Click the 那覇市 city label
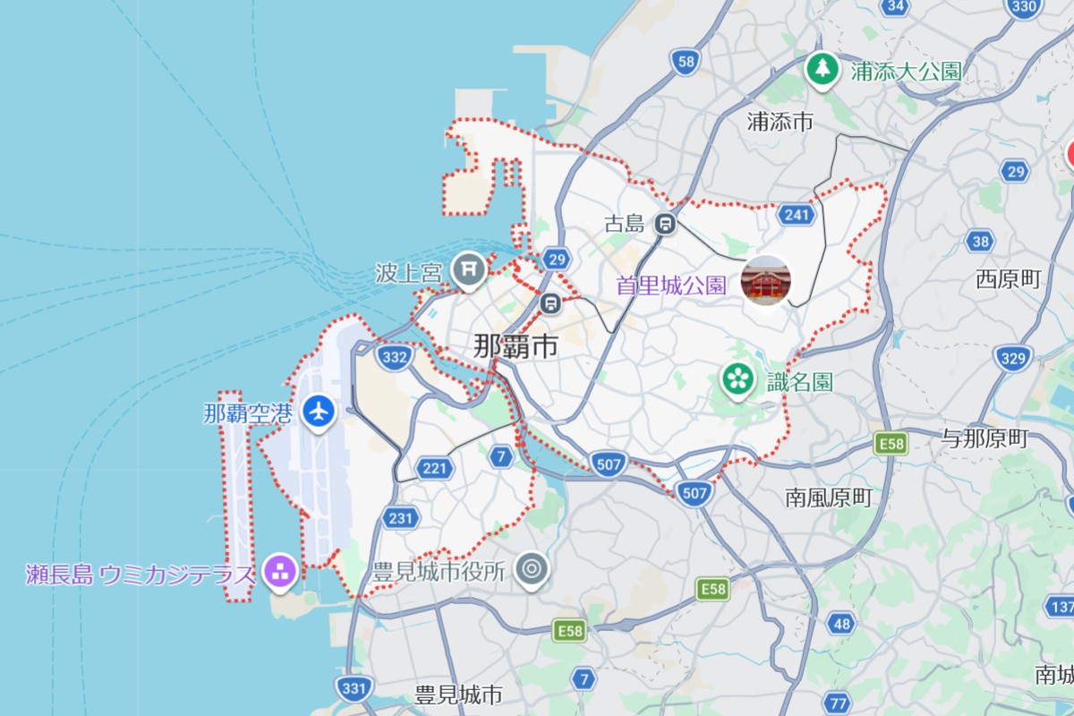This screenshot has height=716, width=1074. click(515, 346)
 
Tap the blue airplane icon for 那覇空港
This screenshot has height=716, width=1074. click(318, 412)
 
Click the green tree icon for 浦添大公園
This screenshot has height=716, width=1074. click(821, 68)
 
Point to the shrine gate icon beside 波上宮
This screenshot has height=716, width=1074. click(468, 268)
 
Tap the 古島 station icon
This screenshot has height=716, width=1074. click(664, 223)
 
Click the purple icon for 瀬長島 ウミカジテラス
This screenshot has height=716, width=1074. click(279, 570)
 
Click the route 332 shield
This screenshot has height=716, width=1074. click(395, 357)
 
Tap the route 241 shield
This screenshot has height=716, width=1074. click(795, 215)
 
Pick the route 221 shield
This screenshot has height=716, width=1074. click(435, 467)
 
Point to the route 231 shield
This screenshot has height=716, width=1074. click(400, 517)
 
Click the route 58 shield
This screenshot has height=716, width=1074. click(686, 61)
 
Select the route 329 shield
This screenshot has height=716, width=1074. click(1012, 359)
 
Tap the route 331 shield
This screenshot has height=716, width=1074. click(354, 687)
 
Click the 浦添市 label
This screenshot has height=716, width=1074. click(780, 121)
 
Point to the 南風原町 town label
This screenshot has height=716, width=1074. click(828, 498)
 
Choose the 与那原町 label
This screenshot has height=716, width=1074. click(984, 439)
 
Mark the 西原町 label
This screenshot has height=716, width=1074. click(1009, 279)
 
